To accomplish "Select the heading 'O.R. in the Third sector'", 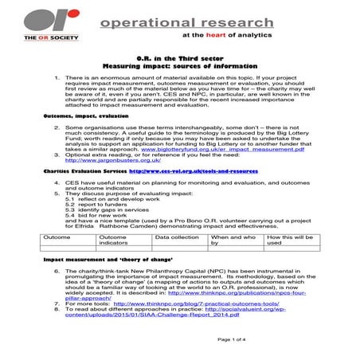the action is [180, 60].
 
